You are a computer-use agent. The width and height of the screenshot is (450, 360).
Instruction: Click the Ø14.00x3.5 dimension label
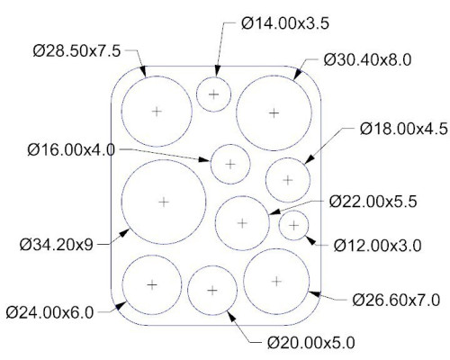click(x=285, y=23)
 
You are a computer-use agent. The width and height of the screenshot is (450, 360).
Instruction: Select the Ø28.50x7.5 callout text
click(x=76, y=51)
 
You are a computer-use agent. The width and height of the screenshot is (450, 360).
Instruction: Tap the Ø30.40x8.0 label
click(x=367, y=60)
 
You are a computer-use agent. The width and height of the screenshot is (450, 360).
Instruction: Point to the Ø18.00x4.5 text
click(x=404, y=129)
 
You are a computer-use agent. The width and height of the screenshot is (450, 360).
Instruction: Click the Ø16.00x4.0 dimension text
click(x=71, y=149)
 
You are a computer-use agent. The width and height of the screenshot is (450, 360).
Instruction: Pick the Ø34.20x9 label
click(x=57, y=245)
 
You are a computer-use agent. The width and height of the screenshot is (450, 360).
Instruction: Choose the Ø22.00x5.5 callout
click(x=373, y=202)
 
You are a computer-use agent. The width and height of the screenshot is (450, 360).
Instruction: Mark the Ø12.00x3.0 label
click(x=378, y=246)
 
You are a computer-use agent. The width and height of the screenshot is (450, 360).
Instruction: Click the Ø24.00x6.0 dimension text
click(x=49, y=313)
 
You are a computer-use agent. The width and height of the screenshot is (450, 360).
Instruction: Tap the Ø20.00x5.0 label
click(x=311, y=343)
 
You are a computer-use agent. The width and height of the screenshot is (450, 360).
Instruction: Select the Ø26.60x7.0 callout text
click(x=396, y=300)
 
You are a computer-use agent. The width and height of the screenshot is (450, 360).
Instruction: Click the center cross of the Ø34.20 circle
click(x=164, y=202)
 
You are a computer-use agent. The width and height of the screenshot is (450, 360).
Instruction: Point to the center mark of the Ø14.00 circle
click(x=214, y=94)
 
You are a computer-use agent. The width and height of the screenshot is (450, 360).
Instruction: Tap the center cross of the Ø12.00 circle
click(x=294, y=225)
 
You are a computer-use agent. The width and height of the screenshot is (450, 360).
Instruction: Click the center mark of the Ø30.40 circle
click(x=274, y=113)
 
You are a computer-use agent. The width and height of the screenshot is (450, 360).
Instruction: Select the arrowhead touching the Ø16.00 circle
click(x=204, y=159)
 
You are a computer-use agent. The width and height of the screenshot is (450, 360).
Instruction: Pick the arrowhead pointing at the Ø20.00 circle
click(x=231, y=317)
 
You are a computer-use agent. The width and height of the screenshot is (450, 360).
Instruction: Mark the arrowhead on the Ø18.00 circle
click(x=310, y=159)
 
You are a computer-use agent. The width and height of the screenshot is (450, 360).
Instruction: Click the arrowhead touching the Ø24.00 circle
click(x=121, y=306)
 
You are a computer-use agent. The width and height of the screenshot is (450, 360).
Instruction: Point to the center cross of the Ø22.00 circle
click(x=242, y=223)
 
